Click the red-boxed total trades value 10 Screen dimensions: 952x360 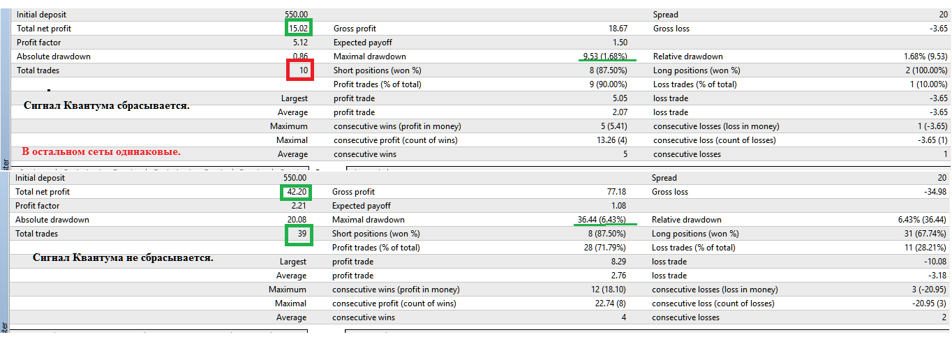tap(304, 70)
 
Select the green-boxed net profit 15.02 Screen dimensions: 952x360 tap(298, 29)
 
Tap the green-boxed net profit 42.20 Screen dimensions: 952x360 tap(297, 192)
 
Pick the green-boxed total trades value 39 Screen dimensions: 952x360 tap(302, 233)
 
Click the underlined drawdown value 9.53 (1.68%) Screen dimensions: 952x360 tap(605, 56)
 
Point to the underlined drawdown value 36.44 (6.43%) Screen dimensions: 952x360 tap(602, 219)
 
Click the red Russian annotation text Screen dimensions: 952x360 tap(101, 151)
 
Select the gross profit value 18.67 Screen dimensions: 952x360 tap(618, 29)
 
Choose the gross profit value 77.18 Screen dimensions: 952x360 tap(617, 192)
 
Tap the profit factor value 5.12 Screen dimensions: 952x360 tap(301, 43)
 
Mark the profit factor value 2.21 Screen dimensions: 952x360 tap(299, 206)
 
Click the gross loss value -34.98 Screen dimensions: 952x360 tap(935, 192)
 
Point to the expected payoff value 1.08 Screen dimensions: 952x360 tap(619, 206)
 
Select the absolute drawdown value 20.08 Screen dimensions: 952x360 tap(297, 219)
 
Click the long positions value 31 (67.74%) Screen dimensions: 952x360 tap(925, 233)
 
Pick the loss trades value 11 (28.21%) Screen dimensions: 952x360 tap(925, 248)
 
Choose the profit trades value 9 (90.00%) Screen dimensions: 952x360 tap(608, 84)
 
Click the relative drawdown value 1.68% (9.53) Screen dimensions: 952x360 tap(925, 56)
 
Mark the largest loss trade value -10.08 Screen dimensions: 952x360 tap(935, 262)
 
